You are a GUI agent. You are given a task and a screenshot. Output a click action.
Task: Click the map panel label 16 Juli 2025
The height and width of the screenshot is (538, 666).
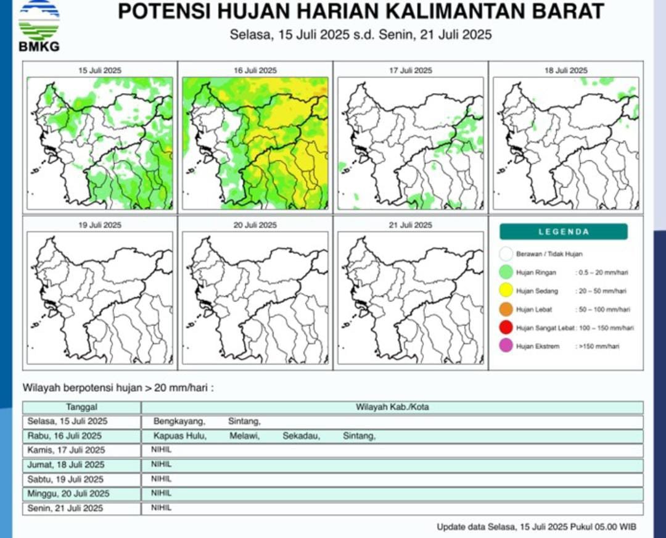click(255, 70)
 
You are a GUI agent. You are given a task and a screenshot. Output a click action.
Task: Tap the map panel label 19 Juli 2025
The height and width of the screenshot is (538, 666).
click(100, 225)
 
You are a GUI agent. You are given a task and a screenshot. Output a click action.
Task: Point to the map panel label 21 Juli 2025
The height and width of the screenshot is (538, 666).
click(410, 225)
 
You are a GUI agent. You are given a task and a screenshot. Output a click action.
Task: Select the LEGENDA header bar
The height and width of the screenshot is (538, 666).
click(564, 232)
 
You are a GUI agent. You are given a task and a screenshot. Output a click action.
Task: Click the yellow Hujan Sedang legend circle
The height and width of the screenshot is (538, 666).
click(507, 291)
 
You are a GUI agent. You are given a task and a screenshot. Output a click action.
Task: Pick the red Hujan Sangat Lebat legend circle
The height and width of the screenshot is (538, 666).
click(507, 328)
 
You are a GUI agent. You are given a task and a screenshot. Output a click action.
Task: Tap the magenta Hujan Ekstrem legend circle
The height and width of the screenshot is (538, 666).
click(507, 346)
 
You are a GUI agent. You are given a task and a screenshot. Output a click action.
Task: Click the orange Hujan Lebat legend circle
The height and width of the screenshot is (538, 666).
click(507, 309)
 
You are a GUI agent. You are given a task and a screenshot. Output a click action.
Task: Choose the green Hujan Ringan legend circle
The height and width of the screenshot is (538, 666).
click(507, 272)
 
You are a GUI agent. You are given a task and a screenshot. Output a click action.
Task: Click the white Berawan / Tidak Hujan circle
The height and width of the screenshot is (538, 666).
click(507, 254)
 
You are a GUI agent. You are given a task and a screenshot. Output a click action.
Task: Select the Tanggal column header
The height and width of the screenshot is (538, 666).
click(81, 407)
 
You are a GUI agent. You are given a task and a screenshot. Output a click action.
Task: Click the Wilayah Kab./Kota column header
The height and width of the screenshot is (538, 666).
click(392, 407)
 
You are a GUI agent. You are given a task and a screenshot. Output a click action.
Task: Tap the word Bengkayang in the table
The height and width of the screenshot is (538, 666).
click(179, 422)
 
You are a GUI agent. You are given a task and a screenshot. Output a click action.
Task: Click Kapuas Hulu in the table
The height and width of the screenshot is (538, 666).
click(180, 436)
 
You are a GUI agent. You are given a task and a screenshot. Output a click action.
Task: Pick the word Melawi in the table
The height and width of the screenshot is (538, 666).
click(244, 436)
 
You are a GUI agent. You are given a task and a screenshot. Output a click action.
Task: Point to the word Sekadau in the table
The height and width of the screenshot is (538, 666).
click(301, 436)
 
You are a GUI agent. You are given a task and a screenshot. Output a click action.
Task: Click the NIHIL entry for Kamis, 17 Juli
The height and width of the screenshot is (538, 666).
click(161, 450)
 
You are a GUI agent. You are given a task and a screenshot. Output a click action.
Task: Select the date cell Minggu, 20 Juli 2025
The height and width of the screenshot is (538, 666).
click(68, 494)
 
